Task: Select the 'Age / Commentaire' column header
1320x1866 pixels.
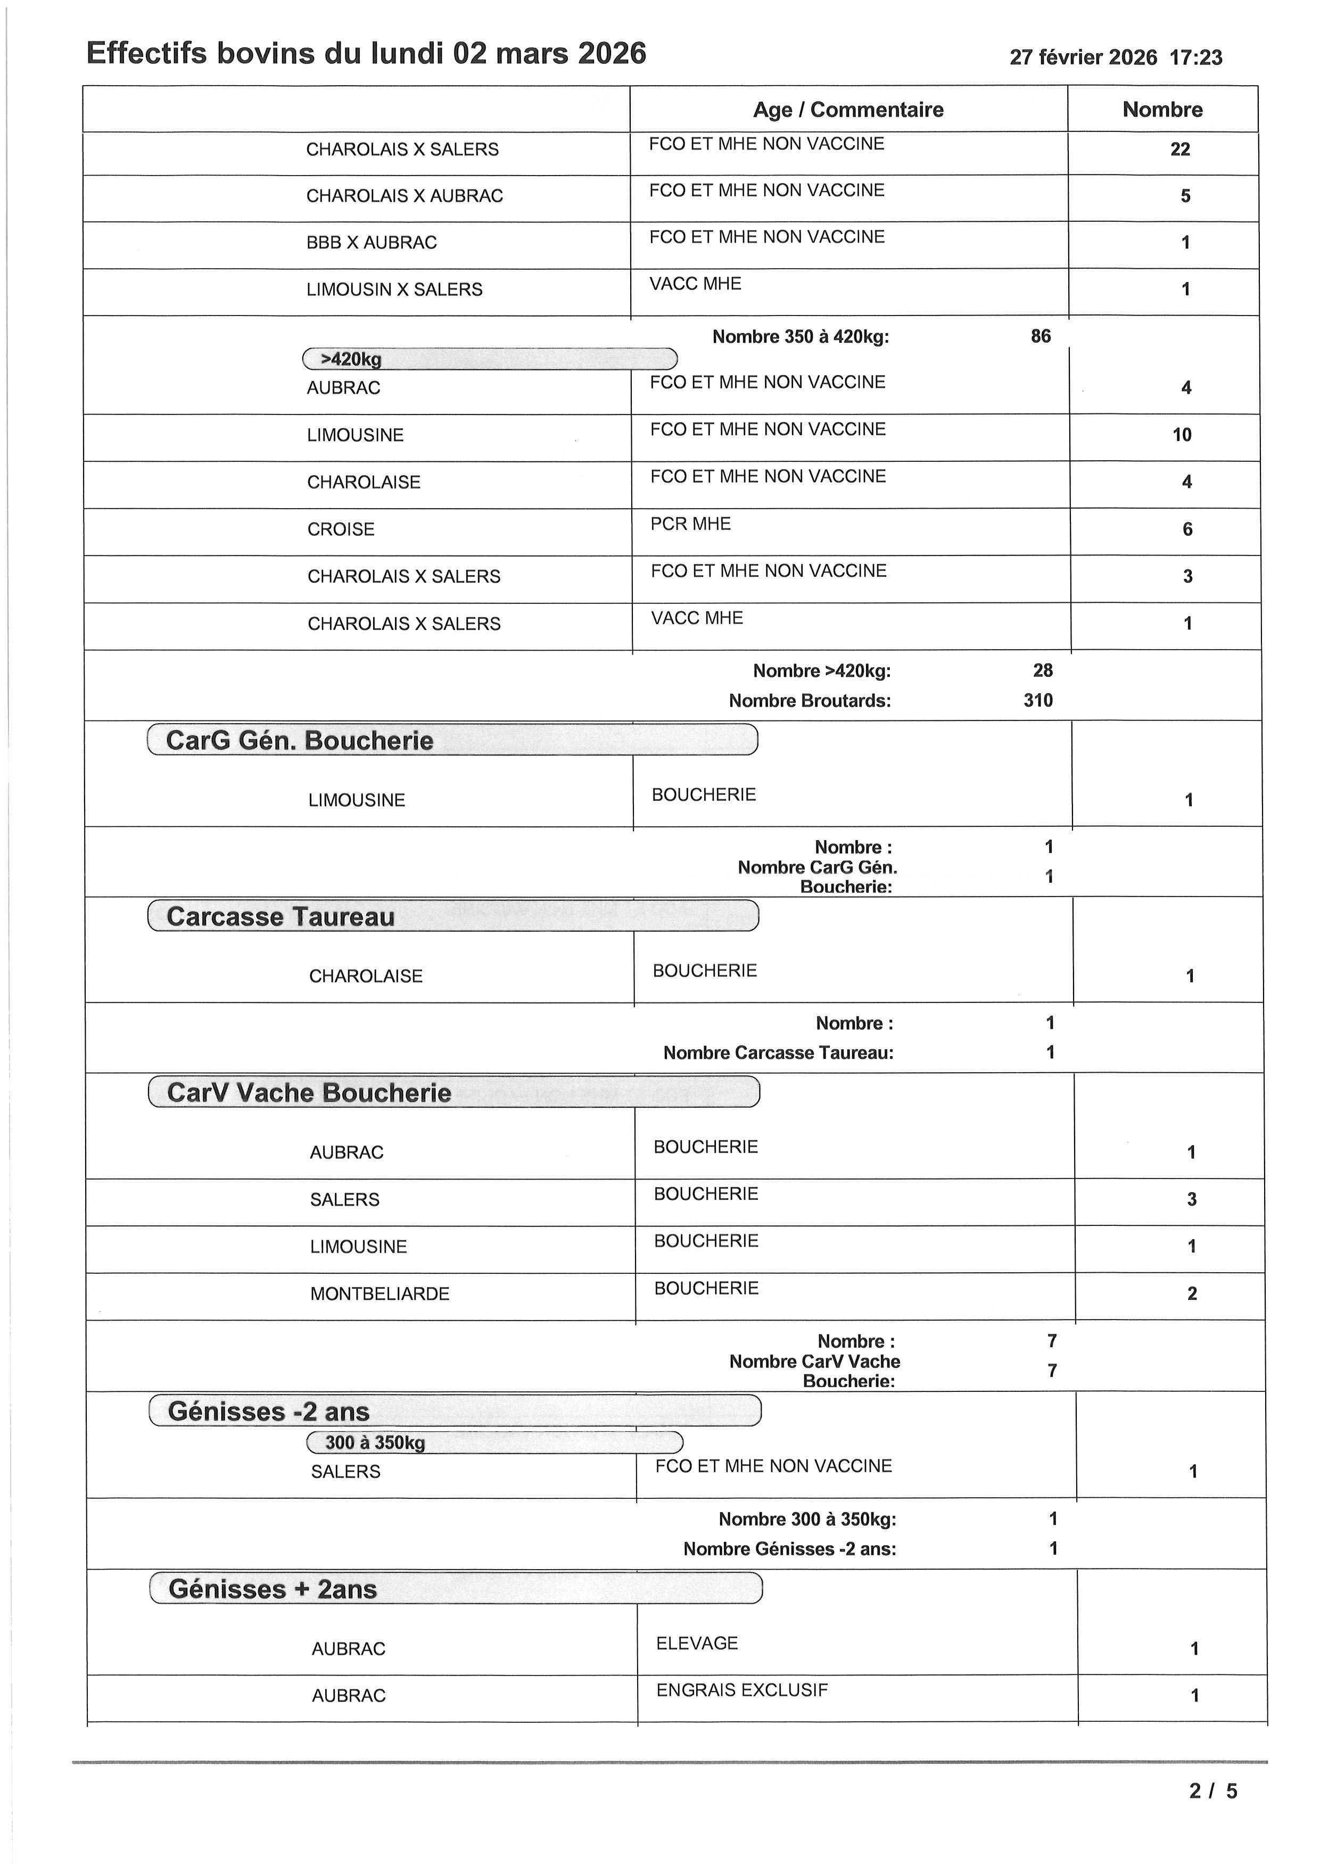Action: pos(848,110)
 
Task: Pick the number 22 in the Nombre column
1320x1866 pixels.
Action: pos(1179,150)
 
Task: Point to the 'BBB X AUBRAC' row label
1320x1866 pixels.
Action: pos(372,242)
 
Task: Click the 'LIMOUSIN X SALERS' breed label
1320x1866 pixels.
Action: pos(394,289)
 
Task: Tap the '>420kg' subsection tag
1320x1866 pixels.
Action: pos(351,359)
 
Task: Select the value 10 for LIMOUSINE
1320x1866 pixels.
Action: pos(1182,435)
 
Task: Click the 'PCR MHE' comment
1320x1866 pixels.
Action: pos(690,524)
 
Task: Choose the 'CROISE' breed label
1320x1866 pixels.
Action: pos(341,529)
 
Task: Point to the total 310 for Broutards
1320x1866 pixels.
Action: pos(1038,701)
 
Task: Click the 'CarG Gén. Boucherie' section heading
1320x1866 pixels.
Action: pos(299,740)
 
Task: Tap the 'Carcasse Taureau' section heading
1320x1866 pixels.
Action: pos(280,917)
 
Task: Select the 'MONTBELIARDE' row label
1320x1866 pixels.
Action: pos(379,1294)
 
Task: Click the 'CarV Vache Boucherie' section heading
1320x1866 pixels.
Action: pos(309,1093)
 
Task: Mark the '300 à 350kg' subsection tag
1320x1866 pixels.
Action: pos(375,1442)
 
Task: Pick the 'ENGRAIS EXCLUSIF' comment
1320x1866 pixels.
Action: pos(741,1690)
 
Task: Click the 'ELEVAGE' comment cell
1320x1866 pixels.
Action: pos(697,1643)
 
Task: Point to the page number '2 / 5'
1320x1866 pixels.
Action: pos(1212,1791)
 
